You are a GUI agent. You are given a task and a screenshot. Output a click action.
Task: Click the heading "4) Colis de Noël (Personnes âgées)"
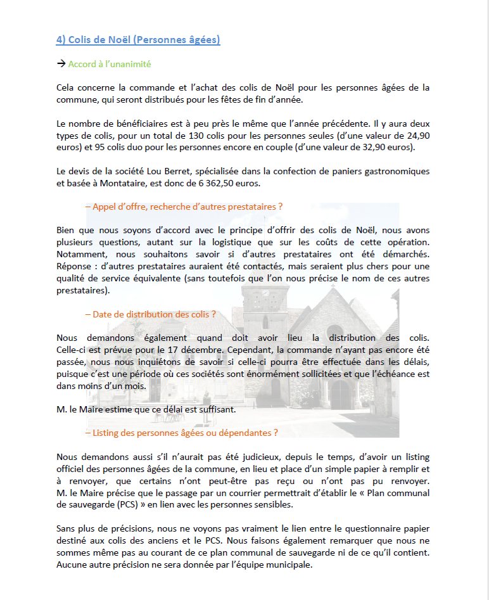point(138,39)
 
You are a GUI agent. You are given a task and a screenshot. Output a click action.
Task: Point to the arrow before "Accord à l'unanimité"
point(61,64)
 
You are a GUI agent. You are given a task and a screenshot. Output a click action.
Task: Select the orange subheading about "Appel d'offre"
point(183,207)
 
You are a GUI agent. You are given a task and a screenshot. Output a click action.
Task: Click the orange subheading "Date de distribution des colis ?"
point(150,314)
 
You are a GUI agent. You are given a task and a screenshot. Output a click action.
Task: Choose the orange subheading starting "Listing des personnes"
point(181,433)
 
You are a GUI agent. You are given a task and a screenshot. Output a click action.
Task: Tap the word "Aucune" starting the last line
point(72,565)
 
